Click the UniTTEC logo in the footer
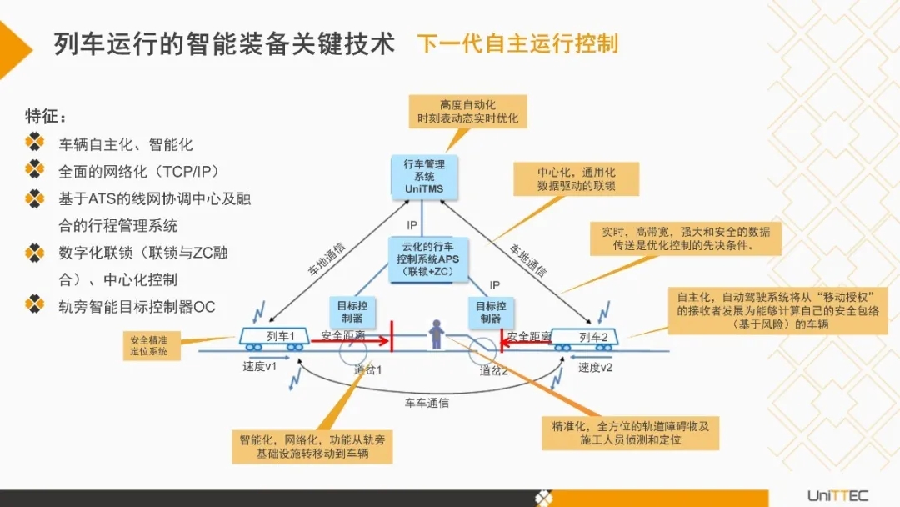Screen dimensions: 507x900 click(x=837, y=495)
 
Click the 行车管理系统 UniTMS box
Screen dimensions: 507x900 click(x=423, y=177)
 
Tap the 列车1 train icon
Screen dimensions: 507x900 click(x=276, y=337)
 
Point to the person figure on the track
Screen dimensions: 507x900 click(x=435, y=336)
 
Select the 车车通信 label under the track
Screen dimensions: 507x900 click(x=427, y=403)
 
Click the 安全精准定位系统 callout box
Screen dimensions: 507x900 click(x=149, y=345)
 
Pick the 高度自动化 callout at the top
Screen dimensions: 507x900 click(x=467, y=112)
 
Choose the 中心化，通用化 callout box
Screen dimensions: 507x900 click(x=576, y=179)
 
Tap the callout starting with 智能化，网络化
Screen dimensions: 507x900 click(x=312, y=446)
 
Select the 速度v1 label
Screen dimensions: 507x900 click(x=259, y=366)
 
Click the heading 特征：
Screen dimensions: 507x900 click(x=46, y=115)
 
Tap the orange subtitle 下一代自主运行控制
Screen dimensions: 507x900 click(x=517, y=43)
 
